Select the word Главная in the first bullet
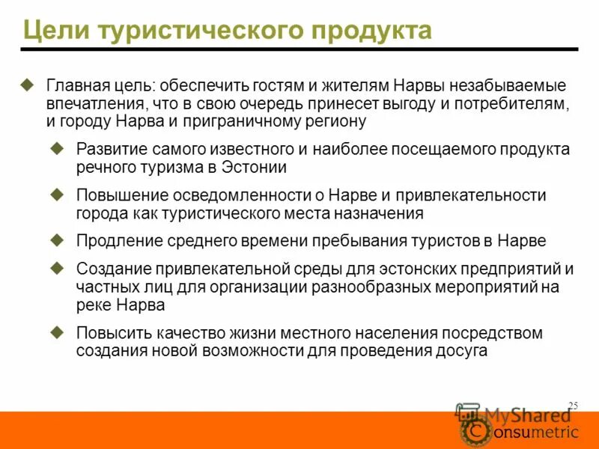pyautogui.click(x=75, y=87)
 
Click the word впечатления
pyautogui.click(x=93, y=104)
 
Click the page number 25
pyautogui.click(x=574, y=405)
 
